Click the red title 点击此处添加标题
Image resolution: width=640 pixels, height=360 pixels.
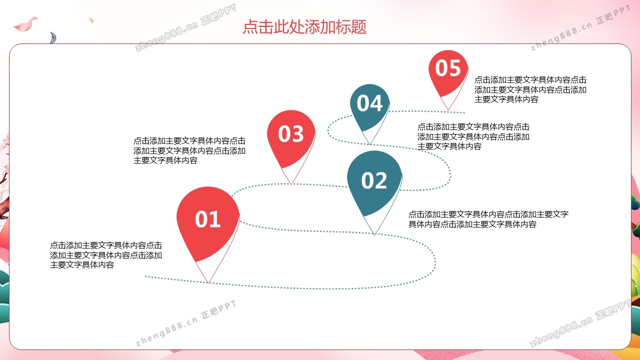(304, 27)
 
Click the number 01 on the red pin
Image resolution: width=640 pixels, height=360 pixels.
(208, 219)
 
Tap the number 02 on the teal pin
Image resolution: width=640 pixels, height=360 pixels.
(374, 180)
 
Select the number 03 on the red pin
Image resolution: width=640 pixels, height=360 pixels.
(291, 133)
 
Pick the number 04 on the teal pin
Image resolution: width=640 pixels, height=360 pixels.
(369, 103)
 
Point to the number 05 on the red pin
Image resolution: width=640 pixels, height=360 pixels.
(448, 68)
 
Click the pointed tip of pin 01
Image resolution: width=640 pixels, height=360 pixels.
(208, 283)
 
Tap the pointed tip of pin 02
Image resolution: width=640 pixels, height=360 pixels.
(374, 234)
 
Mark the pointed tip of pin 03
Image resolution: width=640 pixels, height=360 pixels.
(291, 184)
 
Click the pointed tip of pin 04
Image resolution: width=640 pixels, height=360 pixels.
(370, 144)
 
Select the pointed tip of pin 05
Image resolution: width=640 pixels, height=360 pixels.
(448, 110)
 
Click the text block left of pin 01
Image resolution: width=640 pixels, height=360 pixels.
(106, 255)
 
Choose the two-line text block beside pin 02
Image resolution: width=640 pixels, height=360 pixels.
(488, 219)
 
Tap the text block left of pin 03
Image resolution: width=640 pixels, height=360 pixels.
(189, 150)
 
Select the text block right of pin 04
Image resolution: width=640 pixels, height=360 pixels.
(473, 136)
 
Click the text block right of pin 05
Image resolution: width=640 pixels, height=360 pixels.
(530, 89)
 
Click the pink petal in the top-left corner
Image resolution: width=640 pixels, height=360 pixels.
(25, 24)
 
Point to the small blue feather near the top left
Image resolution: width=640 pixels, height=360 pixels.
(53, 37)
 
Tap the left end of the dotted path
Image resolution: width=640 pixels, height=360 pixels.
(145, 276)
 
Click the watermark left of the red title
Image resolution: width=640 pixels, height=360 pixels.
(185, 27)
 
